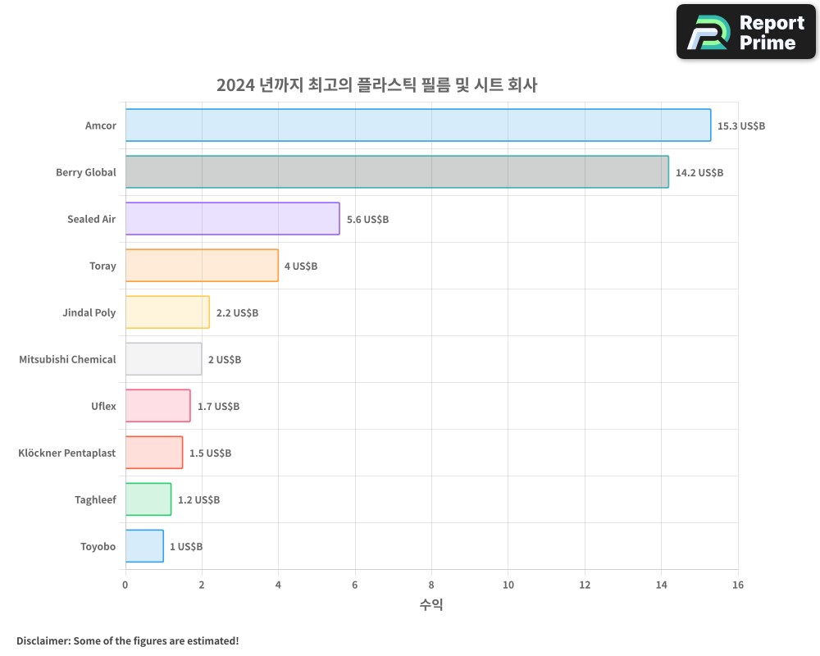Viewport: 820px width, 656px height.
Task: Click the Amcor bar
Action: (418, 125)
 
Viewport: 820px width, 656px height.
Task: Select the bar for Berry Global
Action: (397, 172)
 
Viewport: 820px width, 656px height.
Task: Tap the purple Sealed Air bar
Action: (232, 219)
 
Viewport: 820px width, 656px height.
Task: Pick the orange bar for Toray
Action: (202, 266)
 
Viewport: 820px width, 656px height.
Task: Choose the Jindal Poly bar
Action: (167, 312)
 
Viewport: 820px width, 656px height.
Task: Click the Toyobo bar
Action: (144, 546)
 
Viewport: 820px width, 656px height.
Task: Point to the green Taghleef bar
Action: (148, 499)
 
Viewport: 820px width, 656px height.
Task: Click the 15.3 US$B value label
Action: (740, 126)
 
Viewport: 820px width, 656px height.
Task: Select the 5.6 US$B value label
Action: (367, 220)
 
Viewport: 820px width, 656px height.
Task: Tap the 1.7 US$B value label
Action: (218, 407)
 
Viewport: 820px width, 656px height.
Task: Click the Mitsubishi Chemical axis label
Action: (67, 359)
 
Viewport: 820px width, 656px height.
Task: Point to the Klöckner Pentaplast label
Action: (66, 453)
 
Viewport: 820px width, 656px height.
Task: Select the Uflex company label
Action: (103, 406)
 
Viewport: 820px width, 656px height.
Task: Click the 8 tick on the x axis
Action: (431, 585)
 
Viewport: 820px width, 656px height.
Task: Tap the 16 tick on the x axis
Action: (737, 585)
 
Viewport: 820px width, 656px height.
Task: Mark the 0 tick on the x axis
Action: (125, 585)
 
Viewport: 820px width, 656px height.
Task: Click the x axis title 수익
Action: (431, 605)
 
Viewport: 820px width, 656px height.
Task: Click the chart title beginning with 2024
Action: (376, 84)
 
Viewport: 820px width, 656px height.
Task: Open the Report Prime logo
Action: (745, 32)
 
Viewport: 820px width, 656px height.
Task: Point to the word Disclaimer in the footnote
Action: (43, 640)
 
